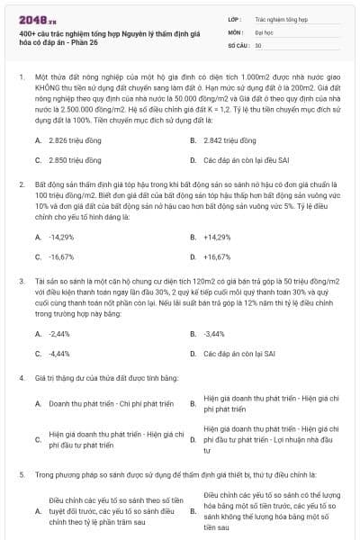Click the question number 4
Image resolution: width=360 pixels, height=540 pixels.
(x=22, y=377)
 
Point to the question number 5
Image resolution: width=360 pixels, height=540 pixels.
(x=22, y=472)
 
